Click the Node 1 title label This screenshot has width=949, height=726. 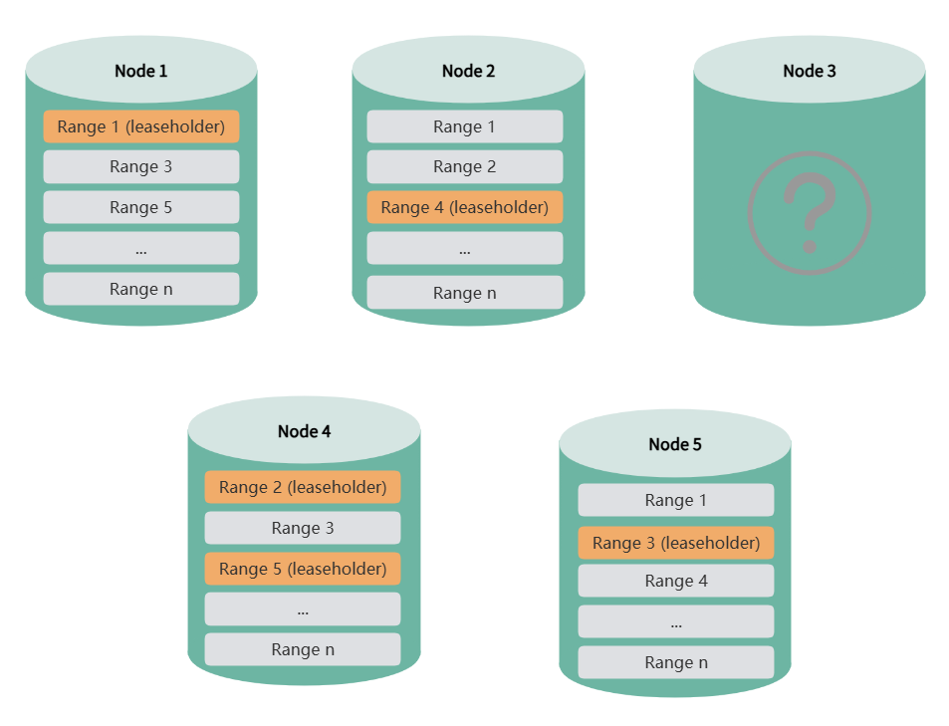coord(140,71)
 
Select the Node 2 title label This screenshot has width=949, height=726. coord(468,71)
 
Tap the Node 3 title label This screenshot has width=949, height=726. coord(809,71)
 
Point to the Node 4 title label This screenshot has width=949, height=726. coord(304,431)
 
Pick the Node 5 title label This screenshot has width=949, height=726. coord(674,444)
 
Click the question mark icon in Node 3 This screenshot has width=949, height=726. coord(809,212)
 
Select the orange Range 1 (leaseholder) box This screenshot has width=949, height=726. coord(140,126)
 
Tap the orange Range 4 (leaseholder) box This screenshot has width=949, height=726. coord(464,207)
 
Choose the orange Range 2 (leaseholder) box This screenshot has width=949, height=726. coord(303,487)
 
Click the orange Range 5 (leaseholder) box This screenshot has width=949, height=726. coord(303,569)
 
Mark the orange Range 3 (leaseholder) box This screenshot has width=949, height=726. coord(675,543)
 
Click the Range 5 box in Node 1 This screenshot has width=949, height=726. coord(140,207)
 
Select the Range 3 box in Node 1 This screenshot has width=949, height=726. coord(140,166)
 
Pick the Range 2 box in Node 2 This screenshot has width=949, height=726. coord(464,166)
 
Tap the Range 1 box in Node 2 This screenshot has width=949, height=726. coord(464,126)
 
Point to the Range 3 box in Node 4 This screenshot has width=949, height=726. coord(303,528)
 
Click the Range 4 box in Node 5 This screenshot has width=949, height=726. coord(675,581)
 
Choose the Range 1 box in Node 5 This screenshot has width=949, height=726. coord(675,500)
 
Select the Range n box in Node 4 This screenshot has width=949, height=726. coord(303,649)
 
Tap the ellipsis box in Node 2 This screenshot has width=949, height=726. coord(464,248)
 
